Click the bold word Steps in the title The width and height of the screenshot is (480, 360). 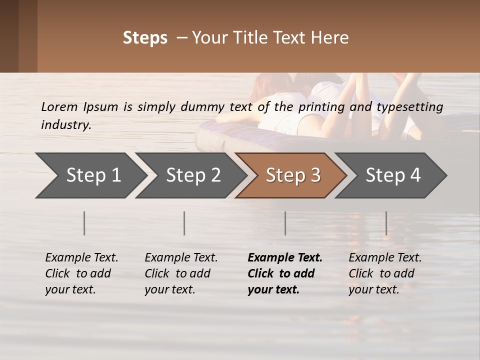[x=145, y=38]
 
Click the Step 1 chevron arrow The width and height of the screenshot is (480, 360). [x=93, y=175]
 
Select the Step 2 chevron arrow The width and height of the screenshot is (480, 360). [x=193, y=175]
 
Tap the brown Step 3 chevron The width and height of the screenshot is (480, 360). [x=293, y=175]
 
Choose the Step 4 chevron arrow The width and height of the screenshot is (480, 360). [x=393, y=175]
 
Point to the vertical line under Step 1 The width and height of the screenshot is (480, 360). [x=84, y=223]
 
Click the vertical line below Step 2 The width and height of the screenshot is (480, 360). [x=184, y=223]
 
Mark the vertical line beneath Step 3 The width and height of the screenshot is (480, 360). [x=285, y=223]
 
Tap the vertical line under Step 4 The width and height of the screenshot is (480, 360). [x=386, y=223]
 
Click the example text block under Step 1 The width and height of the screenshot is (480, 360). [x=81, y=273]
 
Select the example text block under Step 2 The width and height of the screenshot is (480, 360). [x=181, y=273]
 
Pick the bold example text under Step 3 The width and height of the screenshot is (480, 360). [x=285, y=273]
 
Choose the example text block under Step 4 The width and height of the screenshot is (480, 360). [x=385, y=273]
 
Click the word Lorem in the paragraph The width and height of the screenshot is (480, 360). [x=59, y=106]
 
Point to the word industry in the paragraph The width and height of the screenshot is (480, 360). [x=66, y=124]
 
